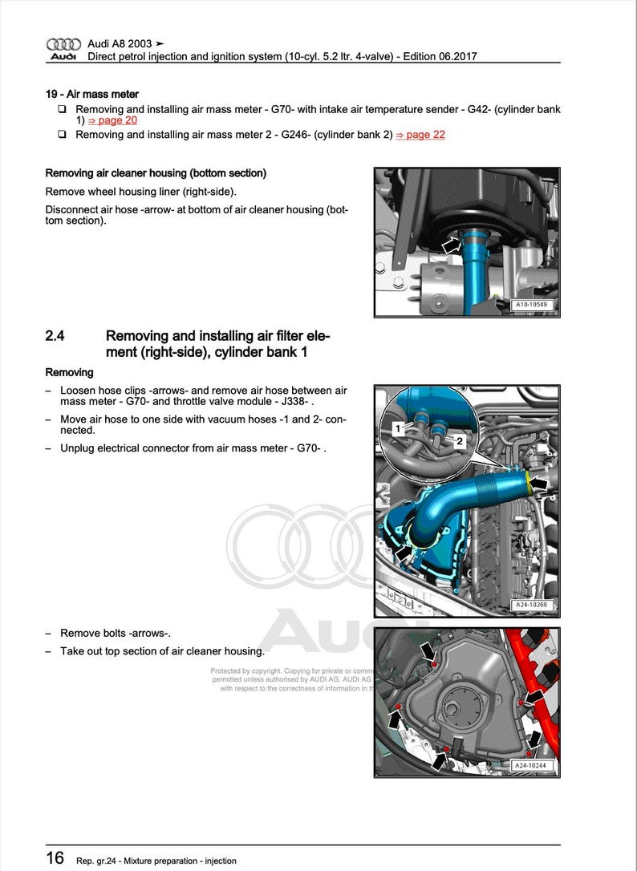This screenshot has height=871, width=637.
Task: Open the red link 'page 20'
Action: (x=112, y=120)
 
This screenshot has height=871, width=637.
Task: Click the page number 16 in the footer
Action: (x=55, y=858)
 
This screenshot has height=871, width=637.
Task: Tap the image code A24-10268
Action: (x=533, y=606)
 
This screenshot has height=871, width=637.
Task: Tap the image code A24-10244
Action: (x=533, y=766)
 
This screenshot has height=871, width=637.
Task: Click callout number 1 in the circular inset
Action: (x=397, y=430)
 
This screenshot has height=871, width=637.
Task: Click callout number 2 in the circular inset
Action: (x=460, y=441)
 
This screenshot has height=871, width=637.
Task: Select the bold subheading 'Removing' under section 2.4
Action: (x=69, y=372)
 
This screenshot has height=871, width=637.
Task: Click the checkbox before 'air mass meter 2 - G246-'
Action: (x=62, y=135)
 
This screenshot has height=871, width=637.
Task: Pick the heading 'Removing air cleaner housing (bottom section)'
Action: (x=156, y=172)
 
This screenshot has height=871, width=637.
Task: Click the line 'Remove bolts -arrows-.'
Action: (x=116, y=633)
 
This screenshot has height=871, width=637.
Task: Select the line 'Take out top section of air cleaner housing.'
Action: (x=162, y=650)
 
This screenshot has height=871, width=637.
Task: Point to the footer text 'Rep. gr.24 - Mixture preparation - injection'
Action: (x=156, y=861)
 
